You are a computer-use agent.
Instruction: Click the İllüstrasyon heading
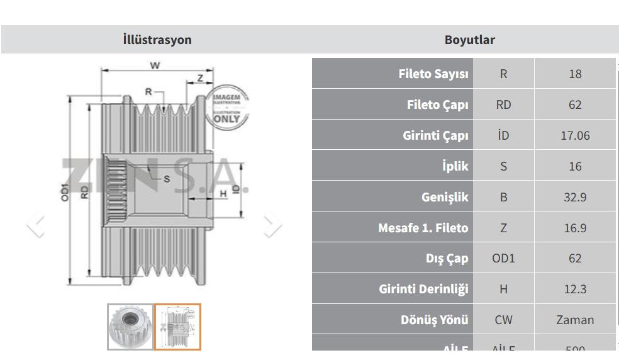157,40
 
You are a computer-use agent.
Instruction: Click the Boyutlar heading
469,40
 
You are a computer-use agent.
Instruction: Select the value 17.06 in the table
575,135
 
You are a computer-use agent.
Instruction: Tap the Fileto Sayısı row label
433,74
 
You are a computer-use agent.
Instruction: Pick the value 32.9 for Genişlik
575,197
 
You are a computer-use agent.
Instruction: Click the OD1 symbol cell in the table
503,258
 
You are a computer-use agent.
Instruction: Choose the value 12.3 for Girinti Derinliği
575,289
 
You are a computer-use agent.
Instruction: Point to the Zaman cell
575,320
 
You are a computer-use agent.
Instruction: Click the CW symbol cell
503,320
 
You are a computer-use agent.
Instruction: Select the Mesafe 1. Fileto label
423,228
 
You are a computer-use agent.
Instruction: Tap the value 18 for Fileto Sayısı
575,74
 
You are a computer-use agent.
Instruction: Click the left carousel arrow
36,225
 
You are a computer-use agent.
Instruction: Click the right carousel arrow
272,225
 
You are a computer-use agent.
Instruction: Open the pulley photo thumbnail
130,327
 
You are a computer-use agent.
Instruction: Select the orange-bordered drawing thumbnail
177,327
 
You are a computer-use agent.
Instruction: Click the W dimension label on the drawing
154,65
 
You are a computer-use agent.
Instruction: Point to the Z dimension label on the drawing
200,78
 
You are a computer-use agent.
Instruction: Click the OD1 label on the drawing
65,192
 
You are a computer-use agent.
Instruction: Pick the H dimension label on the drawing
223,194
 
